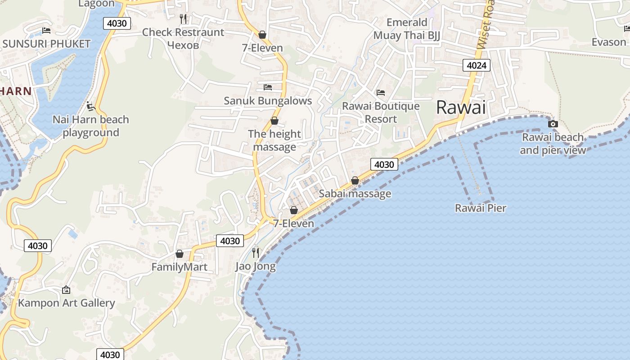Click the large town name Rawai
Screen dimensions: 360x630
pyautogui.click(x=461, y=108)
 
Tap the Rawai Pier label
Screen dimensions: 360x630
pyautogui.click(x=481, y=208)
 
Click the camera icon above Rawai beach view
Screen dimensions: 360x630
pyautogui.click(x=553, y=124)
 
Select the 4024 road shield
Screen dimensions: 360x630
pyautogui.click(x=477, y=66)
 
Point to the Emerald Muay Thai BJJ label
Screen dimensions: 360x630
pyautogui.click(x=407, y=29)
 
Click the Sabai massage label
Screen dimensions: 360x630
pyautogui.click(x=355, y=193)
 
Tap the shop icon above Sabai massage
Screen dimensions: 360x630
pyautogui.click(x=355, y=180)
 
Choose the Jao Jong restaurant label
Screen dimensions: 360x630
pyautogui.click(x=256, y=266)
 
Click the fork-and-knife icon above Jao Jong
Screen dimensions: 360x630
pyautogui.click(x=256, y=252)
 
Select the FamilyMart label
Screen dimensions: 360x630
pyautogui.click(x=179, y=267)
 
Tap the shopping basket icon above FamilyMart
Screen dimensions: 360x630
pyautogui.click(x=180, y=254)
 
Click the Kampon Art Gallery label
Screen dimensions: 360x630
pyautogui.click(x=67, y=303)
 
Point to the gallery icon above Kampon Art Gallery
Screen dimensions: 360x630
pyautogui.click(x=66, y=290)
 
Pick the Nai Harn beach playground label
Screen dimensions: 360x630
pyautogui.click(x=91, y=126)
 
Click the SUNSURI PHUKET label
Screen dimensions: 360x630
pyautogui.click(x=46, y=44)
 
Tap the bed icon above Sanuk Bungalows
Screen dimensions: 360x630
pyautogui.click(x=268, y=87)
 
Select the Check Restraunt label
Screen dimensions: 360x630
pyautogui.click(x=183, y=32)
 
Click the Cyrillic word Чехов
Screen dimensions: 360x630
pyautogui.click(x=183, y=45)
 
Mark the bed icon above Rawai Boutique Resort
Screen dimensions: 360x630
pyautogui.click(x=381, y=93)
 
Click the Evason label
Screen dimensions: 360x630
pyautogui.click(x=609, y=42)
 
